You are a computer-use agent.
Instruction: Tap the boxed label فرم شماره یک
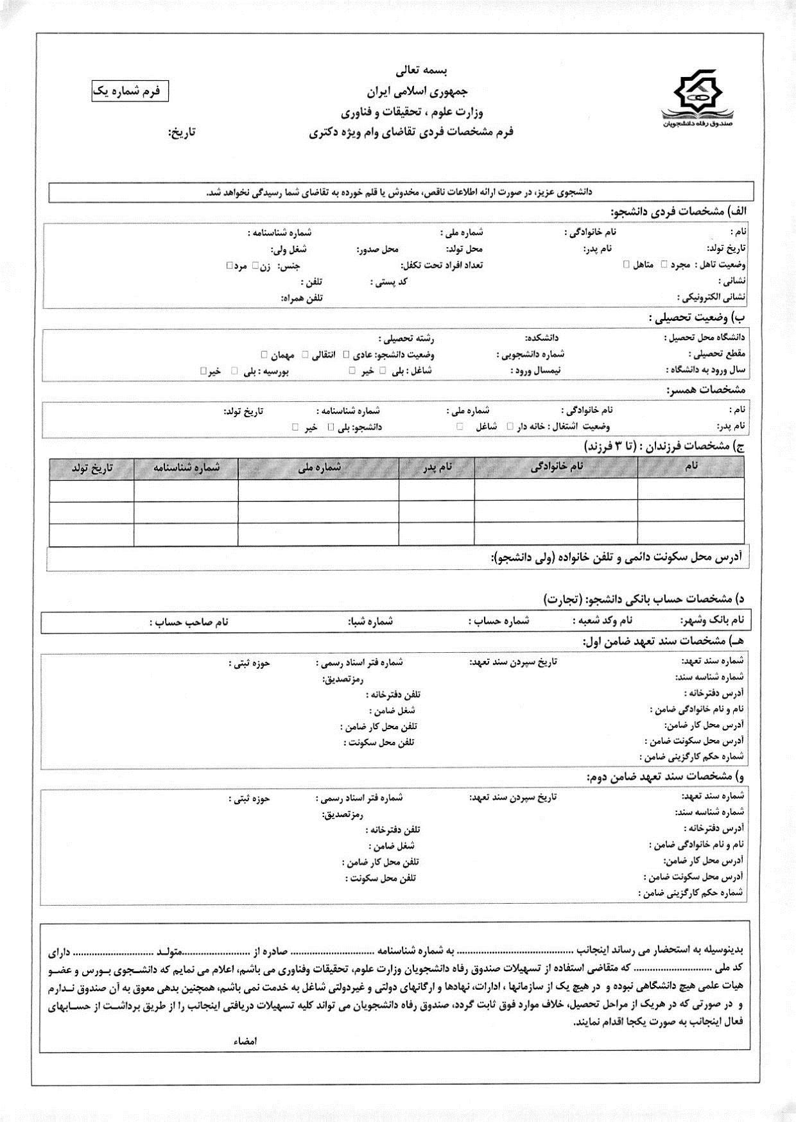130,91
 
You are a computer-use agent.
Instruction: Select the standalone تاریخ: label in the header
182,133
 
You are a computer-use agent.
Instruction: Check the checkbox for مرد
229,265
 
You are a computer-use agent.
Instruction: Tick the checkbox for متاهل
627,264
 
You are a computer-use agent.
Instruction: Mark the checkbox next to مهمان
264,354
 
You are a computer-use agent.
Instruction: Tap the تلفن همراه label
302,298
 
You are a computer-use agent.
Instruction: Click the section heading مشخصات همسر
705,390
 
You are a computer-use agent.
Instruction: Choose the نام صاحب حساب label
190,622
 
